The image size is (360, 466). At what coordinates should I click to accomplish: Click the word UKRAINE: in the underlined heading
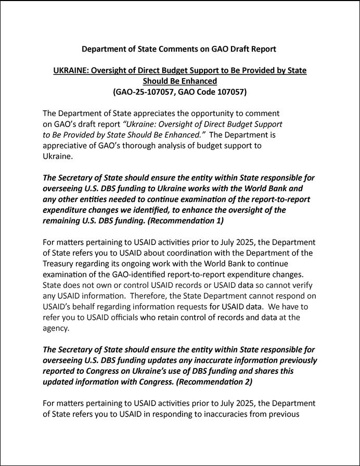coord(71,70)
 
